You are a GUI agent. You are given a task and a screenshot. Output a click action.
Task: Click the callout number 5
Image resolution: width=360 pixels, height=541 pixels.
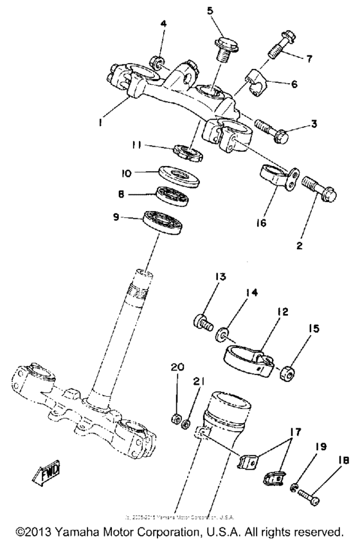pos(209,10)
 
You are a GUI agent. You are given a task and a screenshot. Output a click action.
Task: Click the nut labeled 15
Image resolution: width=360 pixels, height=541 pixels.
pos(286,371)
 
